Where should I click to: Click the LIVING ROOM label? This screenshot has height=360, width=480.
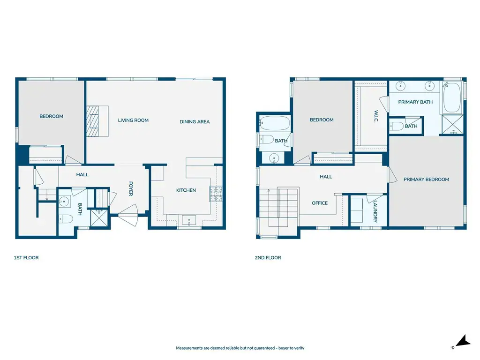(x=133, y=120)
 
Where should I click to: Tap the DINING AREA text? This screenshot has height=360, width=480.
(x=195, y=121)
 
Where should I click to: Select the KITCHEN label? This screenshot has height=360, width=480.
(x=186, y=190)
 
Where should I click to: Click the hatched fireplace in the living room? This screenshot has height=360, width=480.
(x=92, y=121)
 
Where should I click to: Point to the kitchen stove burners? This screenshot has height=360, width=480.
(x=216, y=194)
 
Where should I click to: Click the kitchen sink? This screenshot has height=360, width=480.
(x=189, y=220)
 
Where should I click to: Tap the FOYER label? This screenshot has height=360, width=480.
(x=131, y=188)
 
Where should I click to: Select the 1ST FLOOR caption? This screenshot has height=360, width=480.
(x=26, y=258)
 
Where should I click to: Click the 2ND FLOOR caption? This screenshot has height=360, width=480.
(x=268, y=258)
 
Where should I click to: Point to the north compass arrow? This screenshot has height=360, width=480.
(x=463, y=341)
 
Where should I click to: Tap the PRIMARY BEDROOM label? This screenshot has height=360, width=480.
(x=426, y=180)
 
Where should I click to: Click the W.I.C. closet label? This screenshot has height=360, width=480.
(x=376, y=116)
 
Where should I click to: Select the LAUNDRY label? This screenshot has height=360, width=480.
(x=375, y=211)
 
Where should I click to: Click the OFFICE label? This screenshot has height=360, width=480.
(x=320, y=203)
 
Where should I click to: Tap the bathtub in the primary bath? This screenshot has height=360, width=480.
(x=452, y=97)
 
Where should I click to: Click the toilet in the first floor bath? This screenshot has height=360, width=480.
(x=66, y=219)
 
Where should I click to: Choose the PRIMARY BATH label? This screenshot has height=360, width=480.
(x=415, y=102)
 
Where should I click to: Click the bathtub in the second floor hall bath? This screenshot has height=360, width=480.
(x=275, y=123)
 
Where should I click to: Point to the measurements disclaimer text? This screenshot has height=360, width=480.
(x=240, y=348)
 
